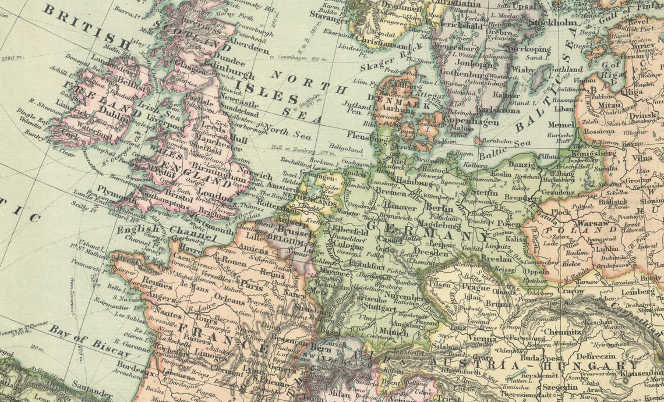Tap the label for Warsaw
[x=593, y=223]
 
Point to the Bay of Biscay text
[x=90, y=341]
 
